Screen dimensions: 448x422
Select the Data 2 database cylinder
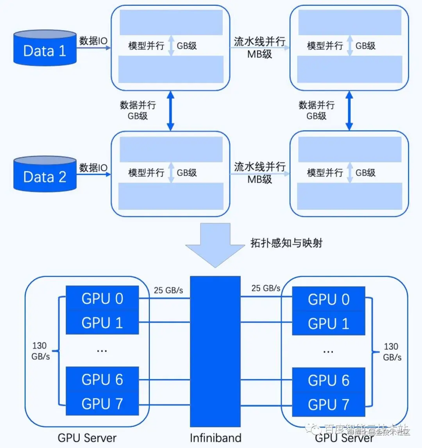click(x=45, y=175)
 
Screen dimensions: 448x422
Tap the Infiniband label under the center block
click(x=215, y=437)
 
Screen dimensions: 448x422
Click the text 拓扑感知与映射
click(x=286, y=243)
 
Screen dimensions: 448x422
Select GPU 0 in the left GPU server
click(x=102, y=299)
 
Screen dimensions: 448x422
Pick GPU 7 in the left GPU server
click(x=102, y=403)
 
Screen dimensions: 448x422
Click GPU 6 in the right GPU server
click(x=328, y=380)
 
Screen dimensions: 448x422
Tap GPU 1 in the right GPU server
click(x=328, y=324)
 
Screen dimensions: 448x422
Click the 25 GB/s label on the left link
click(x=168, y=290)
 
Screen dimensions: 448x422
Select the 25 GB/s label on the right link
click(x=266, y=288)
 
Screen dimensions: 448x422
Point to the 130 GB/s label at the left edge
click(x=40, y=351)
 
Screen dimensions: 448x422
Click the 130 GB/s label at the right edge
click(x=392, y=351)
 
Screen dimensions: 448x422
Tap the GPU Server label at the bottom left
click(x=87, y=437)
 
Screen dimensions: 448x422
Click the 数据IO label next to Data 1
click(x=93, y=41)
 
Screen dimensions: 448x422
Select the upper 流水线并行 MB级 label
click(x=259, y=47)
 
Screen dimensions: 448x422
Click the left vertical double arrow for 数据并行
click(x=170, y=111)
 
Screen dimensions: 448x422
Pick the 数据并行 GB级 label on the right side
click(x=316, y=110)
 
